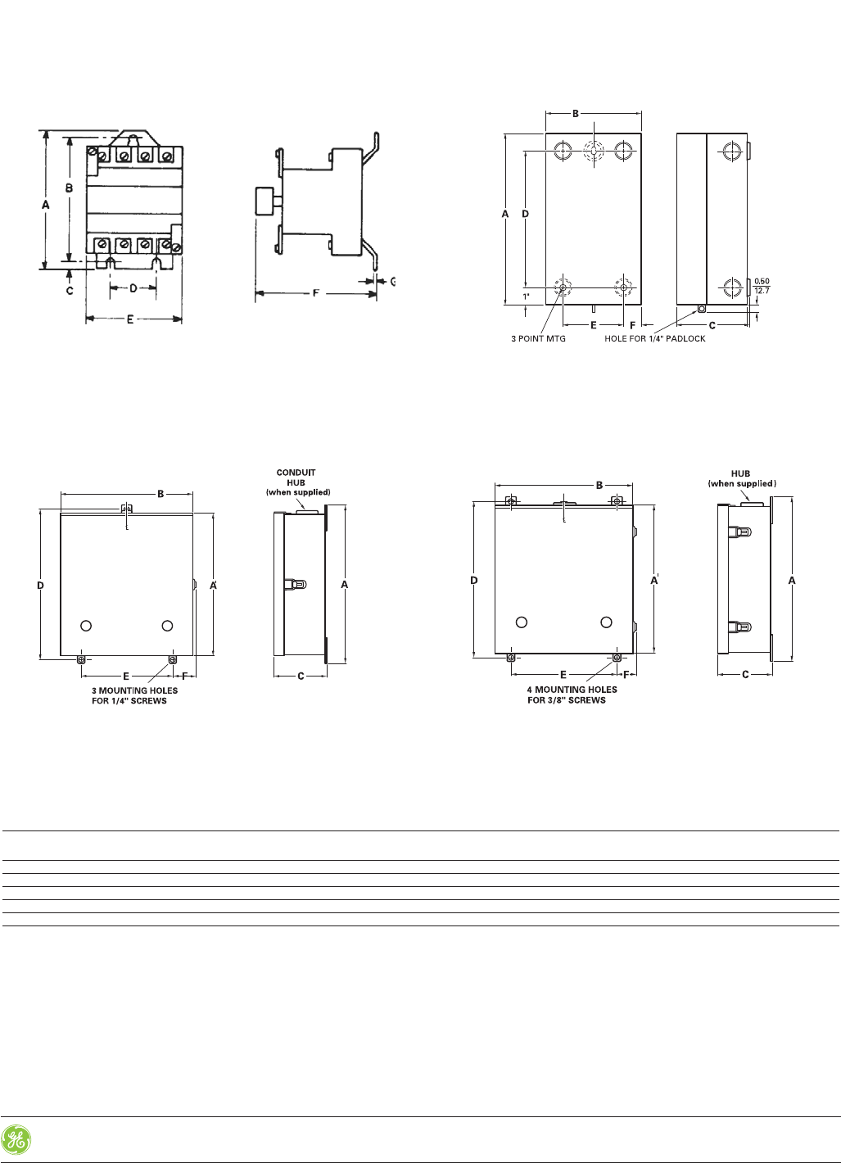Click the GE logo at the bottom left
tap(16, 1140)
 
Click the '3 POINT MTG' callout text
tap(538, 338)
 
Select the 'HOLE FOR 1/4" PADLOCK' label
tap(654, 338)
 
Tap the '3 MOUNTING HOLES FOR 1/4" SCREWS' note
tap(134, 695)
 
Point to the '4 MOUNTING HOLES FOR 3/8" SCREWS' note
tap(571, 695)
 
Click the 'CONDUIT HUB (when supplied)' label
tap(296, 482)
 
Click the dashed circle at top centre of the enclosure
tap(593, 151)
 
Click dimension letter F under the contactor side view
tap(316, 292)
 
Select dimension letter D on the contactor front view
tap(134, 287)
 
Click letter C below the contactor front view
tap(70, 290)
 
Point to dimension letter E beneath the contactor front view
tap(130, 319)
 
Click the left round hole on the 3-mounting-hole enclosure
tap(86, 626)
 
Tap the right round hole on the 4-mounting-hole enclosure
tap(606, 622)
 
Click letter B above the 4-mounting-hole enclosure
tap(599, 486)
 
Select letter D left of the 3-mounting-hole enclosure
tap(40, 585)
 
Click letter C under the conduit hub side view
tap(301, 677)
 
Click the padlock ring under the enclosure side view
tap(700, 309)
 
